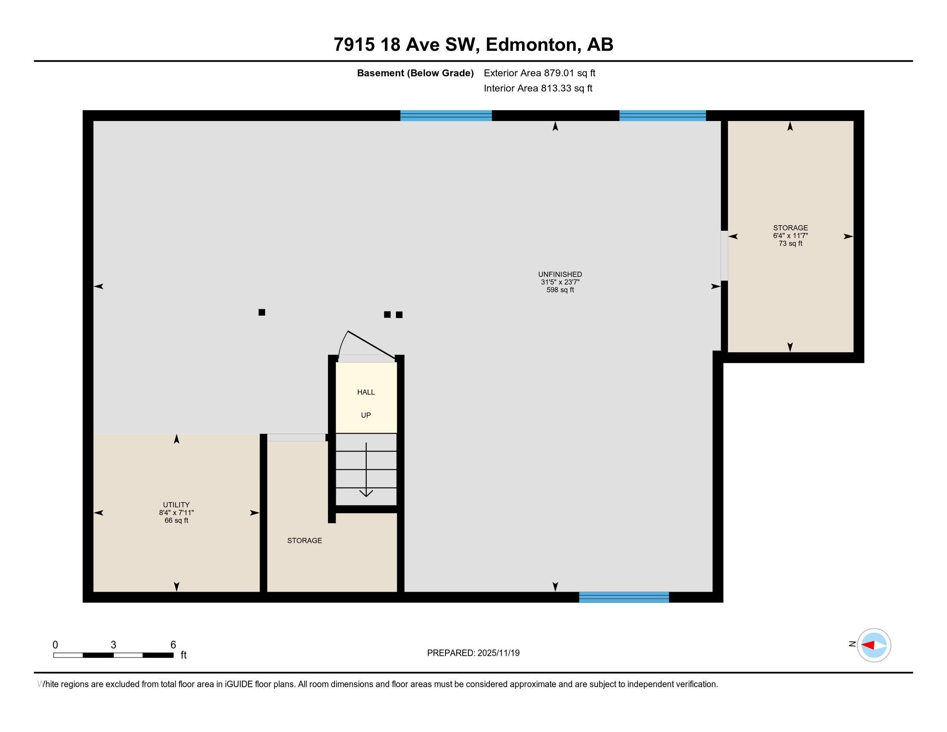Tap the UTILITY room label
pos(176,505)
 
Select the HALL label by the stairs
pos(365,392)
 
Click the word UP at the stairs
pos(365,415)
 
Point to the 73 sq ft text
pos(790,244)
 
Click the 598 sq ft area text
pos(560,290)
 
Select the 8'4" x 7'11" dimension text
pos(176,512)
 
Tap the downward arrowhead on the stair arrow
pos(366,493)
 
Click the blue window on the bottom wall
pos(624,597)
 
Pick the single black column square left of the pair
pos(261,312)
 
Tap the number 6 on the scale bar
pos(173,645)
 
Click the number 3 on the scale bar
pos(113,645)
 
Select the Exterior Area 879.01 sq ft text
pos(539,73)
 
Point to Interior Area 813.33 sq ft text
pos(538,88)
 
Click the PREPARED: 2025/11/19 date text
pos(473,653)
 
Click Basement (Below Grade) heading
pos(415,73)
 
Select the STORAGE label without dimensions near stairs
pos(304,540)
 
